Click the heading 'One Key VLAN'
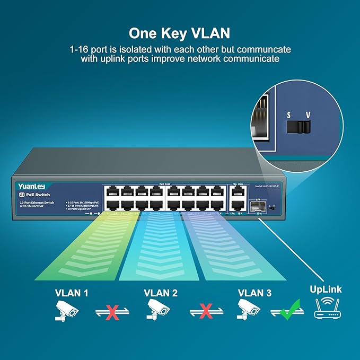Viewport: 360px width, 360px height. (180, 33)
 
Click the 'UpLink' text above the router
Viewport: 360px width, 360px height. (326, 289)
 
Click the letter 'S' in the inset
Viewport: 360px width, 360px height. (288, 115)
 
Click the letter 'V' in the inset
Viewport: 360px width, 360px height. (308, 115)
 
